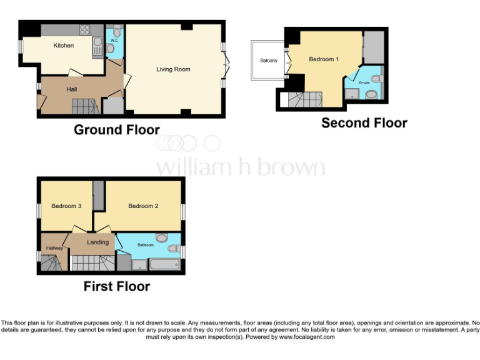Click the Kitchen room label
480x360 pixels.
click(63, 46)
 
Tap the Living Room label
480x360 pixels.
click(173, 69)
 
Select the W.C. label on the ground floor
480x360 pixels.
click(114, 40)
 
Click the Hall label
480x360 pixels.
click(72, 89)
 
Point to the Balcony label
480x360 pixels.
click(269, 61)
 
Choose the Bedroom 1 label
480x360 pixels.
click(324, 59)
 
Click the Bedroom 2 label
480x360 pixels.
click(143, 206)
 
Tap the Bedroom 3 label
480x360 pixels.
click(66, 206)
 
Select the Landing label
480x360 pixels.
click(97, 242)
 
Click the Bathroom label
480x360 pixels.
click(146, 245)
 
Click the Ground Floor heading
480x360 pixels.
click(117, 130)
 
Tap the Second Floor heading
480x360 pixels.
click(364, 123)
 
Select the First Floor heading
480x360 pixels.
click(117, 286)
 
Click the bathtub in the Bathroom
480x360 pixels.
click(164, 265)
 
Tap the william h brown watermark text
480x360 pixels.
click(240, 167)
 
